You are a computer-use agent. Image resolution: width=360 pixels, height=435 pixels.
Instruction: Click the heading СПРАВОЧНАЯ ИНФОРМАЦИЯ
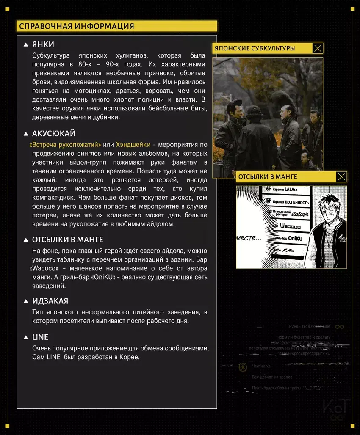[x=77, y=26]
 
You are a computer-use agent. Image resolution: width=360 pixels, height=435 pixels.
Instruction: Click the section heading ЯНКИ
[x=43, y=44]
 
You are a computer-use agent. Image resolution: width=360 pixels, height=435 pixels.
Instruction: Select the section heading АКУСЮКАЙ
[x=54, y=134]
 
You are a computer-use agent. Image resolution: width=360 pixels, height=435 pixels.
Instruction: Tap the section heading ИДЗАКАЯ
[x=50, y=301]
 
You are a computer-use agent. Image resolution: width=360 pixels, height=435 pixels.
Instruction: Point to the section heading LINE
[x=40, y=337]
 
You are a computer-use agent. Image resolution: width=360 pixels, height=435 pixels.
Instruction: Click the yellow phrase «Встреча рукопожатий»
[x=65, y=145]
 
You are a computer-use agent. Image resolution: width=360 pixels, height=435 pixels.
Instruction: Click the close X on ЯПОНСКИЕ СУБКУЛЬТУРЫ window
[x=318, y=48]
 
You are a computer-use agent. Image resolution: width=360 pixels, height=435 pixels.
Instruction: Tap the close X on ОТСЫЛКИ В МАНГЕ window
[x=341, y=177]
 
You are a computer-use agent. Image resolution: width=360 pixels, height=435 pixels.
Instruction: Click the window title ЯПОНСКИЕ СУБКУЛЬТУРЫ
[x=255, y=48]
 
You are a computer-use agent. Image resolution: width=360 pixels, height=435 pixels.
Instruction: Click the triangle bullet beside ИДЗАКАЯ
[x=26, y=301]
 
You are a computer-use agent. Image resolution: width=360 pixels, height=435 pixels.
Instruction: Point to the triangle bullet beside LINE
[x=26, y=338]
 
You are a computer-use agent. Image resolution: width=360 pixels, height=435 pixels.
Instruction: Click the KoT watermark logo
[x=336, y=408]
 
